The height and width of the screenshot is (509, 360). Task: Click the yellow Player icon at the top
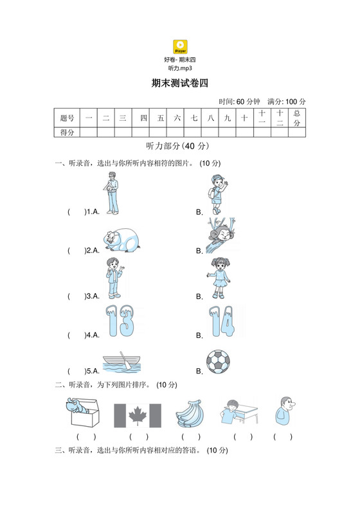[180, 47]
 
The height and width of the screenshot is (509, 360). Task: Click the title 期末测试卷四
[180, 83]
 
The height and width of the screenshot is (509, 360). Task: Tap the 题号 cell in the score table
[67, 118]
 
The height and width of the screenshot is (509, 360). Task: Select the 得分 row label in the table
[67, 132]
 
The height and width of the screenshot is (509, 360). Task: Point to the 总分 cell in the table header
[296, 118]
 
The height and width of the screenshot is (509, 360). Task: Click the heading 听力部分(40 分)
[179, 146]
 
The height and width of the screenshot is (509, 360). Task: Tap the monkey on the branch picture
[222, 237]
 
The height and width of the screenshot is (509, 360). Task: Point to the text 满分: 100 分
[286, 102]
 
